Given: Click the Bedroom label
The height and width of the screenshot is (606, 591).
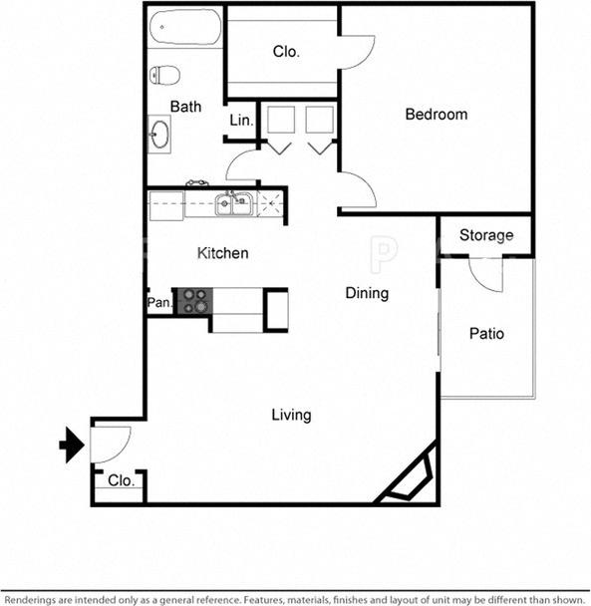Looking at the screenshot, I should [436, 115].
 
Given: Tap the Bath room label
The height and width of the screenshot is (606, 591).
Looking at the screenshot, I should [185, 107].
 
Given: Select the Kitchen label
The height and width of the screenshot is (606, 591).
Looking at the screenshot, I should [222, 253].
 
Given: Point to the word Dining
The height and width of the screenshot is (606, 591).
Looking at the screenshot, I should [367, 293].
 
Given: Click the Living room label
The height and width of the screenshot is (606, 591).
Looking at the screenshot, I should [291, 415].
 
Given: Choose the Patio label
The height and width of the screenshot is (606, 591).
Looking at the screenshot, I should [486, 334].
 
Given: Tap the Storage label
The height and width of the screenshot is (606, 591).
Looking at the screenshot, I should [486, 235].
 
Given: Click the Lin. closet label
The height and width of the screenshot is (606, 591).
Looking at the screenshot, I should [241, 121].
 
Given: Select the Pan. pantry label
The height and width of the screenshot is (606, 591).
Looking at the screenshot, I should [159, 302].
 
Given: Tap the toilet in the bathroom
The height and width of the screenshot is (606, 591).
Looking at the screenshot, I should [165, 75].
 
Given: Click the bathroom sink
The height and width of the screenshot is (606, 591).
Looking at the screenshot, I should [160, 133].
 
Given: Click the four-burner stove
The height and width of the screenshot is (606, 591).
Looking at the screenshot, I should [193, 301].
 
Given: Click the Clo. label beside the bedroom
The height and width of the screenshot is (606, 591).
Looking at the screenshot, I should [287, 52].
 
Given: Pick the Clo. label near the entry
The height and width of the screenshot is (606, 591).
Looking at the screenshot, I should [121, 480].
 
